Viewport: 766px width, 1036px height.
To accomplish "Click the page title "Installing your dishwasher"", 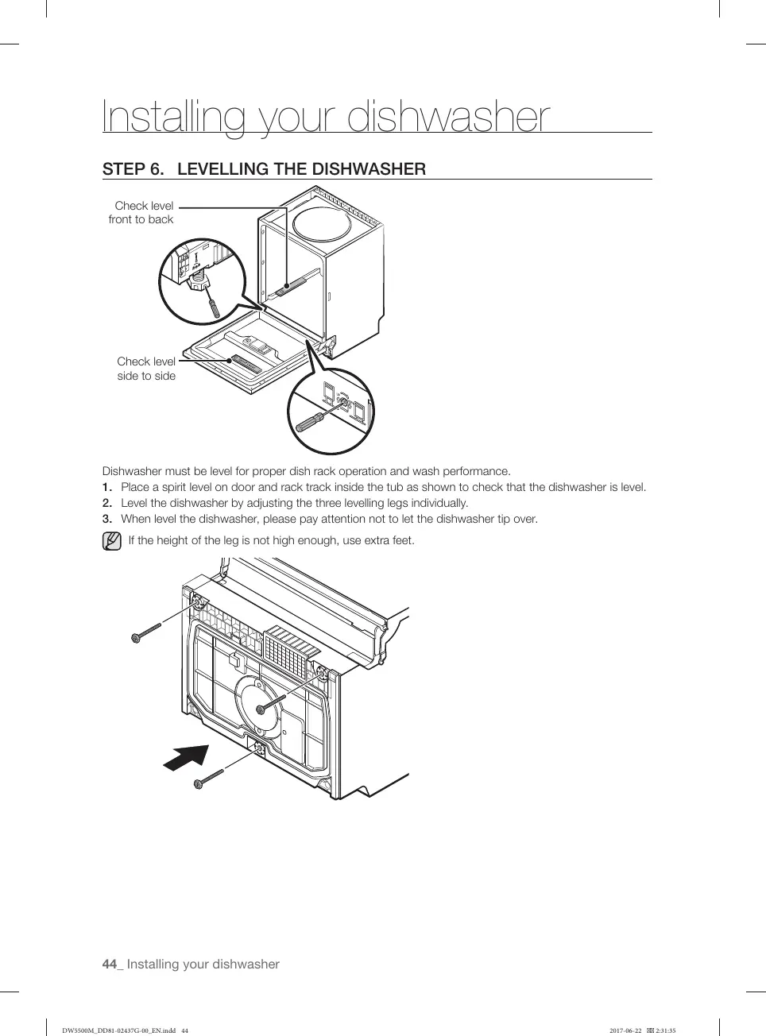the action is click(326, 117).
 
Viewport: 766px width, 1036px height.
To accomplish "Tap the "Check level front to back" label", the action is click(142, 212).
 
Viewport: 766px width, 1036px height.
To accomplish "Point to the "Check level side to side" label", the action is click(146, 369).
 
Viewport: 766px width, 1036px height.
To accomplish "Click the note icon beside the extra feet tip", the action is click(112, 542).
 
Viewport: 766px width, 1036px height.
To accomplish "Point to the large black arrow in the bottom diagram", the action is click(186, 758).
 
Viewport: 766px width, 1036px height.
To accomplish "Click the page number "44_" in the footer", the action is click(113, 964).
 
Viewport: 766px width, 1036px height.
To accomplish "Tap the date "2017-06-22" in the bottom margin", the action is click(625, 1030).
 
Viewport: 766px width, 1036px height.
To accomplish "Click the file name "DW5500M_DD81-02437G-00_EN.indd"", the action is click(119, 1030).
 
